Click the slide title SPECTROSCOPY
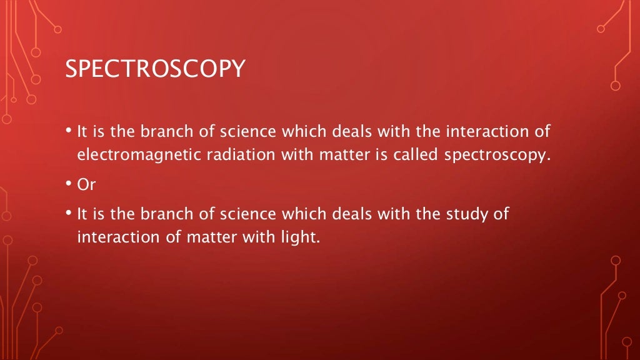click(x=155, y=69)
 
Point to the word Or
click(x=85, y=184)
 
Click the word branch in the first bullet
click(x=163, y=132)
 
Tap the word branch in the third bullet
click(x=163, y=214)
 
